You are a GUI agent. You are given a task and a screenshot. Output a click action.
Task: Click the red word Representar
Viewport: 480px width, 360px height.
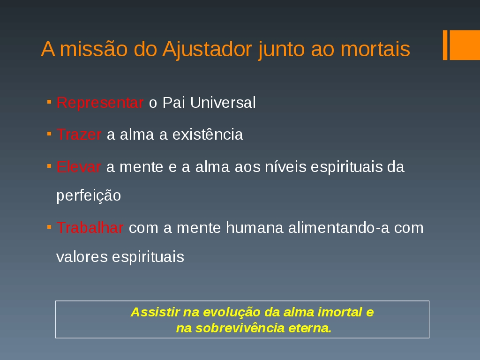tap(100, 103)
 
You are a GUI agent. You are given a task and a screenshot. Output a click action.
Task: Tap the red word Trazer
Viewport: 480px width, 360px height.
tap(79, 135)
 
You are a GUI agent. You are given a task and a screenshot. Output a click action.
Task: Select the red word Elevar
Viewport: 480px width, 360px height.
tap(79, 167)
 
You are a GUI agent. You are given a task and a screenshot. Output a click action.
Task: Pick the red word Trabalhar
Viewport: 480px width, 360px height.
tap(90, 228)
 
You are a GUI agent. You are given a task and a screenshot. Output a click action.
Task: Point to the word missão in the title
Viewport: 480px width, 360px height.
tap(94, 49)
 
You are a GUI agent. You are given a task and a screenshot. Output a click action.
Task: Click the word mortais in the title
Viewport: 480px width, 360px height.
tap(375, 49)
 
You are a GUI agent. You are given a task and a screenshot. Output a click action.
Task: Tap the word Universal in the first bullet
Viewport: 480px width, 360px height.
tap(223, 103)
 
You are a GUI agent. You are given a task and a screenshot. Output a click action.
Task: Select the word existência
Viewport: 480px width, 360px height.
tap(208, 135)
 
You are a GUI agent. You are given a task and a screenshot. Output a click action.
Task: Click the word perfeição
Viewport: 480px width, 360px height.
tap(89, 196)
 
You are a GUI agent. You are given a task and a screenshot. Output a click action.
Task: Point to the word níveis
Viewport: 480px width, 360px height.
tap(285, 167)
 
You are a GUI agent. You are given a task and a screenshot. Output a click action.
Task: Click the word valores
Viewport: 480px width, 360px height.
tap(82, 257)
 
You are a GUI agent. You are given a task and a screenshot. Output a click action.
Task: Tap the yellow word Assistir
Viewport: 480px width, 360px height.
tap(155, 312)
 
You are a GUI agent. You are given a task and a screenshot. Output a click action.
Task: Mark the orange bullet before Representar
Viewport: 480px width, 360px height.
tap(49, 101)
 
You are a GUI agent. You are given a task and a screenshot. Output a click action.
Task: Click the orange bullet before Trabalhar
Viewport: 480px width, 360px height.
tap(49, 227)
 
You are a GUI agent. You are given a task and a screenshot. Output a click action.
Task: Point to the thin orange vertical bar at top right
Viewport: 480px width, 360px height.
tap(445, 45)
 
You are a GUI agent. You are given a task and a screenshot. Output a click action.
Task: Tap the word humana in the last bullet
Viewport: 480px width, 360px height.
tap(255, 228)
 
